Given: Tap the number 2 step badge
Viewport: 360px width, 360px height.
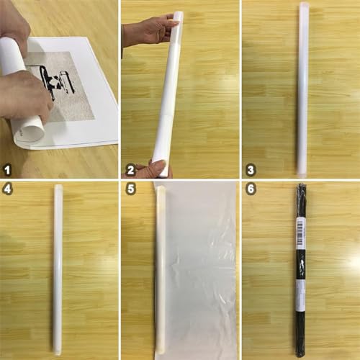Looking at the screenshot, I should tap(130, 171).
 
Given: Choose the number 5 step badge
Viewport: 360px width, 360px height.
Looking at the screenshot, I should tap(130, 189).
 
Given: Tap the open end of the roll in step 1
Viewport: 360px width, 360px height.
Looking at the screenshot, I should tap(30, 130).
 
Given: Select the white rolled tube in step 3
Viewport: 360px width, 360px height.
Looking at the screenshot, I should tap(303, 90).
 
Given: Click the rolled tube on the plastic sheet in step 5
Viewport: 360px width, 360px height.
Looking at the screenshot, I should tap(161, 270).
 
